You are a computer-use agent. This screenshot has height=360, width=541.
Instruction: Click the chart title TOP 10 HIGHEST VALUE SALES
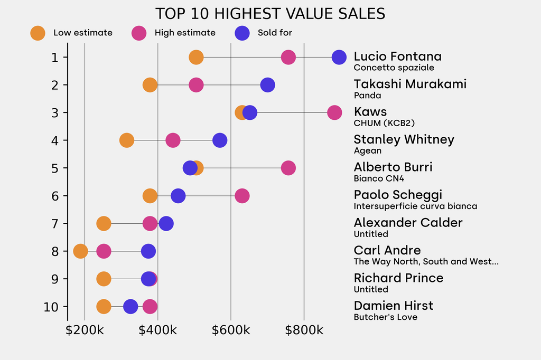click(x=270, y=13)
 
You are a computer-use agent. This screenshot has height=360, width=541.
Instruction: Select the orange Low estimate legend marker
click(x=38, y=33)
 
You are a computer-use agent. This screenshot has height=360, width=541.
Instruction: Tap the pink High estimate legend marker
click(x=139, y=33)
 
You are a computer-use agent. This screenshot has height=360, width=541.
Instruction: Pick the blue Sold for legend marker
click(x=242, y=33)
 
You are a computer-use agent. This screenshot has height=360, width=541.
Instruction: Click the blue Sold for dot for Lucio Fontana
click(x=339, y=57)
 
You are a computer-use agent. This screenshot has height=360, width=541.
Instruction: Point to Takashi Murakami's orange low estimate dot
click(x=150, y=85)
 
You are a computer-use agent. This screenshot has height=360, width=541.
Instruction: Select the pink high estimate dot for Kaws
click(x=334, y=112)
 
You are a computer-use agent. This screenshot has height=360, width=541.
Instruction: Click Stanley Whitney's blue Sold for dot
click(x=220, y=140)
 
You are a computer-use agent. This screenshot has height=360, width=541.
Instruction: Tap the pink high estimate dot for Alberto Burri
click(x=288, y=168)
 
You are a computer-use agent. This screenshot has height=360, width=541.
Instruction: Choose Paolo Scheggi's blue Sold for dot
click(x=179, y=196)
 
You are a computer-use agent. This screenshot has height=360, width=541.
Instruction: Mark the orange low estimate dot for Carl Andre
click(x=80, y=251)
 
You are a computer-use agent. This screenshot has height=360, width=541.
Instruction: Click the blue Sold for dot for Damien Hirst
click(x=130, y=307)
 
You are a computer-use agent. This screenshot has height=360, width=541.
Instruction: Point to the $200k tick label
click(x=85, y=331)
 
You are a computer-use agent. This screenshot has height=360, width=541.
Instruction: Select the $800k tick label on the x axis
click(x=304, y=331)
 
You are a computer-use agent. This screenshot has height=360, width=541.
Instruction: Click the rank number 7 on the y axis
click(x=55, y=224)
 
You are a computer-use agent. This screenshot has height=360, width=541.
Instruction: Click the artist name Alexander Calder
click(x=408, y=223)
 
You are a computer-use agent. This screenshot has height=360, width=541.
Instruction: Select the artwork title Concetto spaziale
click(x=394, y=68)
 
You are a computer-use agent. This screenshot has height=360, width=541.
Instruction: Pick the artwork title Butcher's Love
click(x=385, y=317)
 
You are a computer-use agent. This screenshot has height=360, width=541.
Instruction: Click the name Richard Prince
click(x=398, y=278)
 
